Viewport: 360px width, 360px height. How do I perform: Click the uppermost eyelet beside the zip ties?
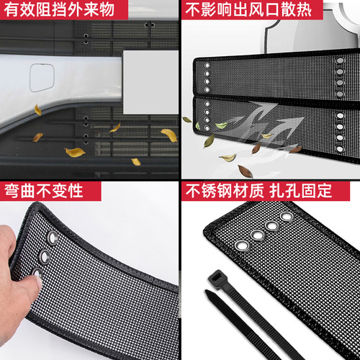pyautogui.click(x=287, y=216)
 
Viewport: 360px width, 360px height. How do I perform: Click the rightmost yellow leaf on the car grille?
pyautogui.click(x=169, y=135)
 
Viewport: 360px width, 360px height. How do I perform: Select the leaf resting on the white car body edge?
pyautogui.click(x=37, y=110)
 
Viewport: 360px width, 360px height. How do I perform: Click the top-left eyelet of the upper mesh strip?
pyautogui.click(x=204, y=64)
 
